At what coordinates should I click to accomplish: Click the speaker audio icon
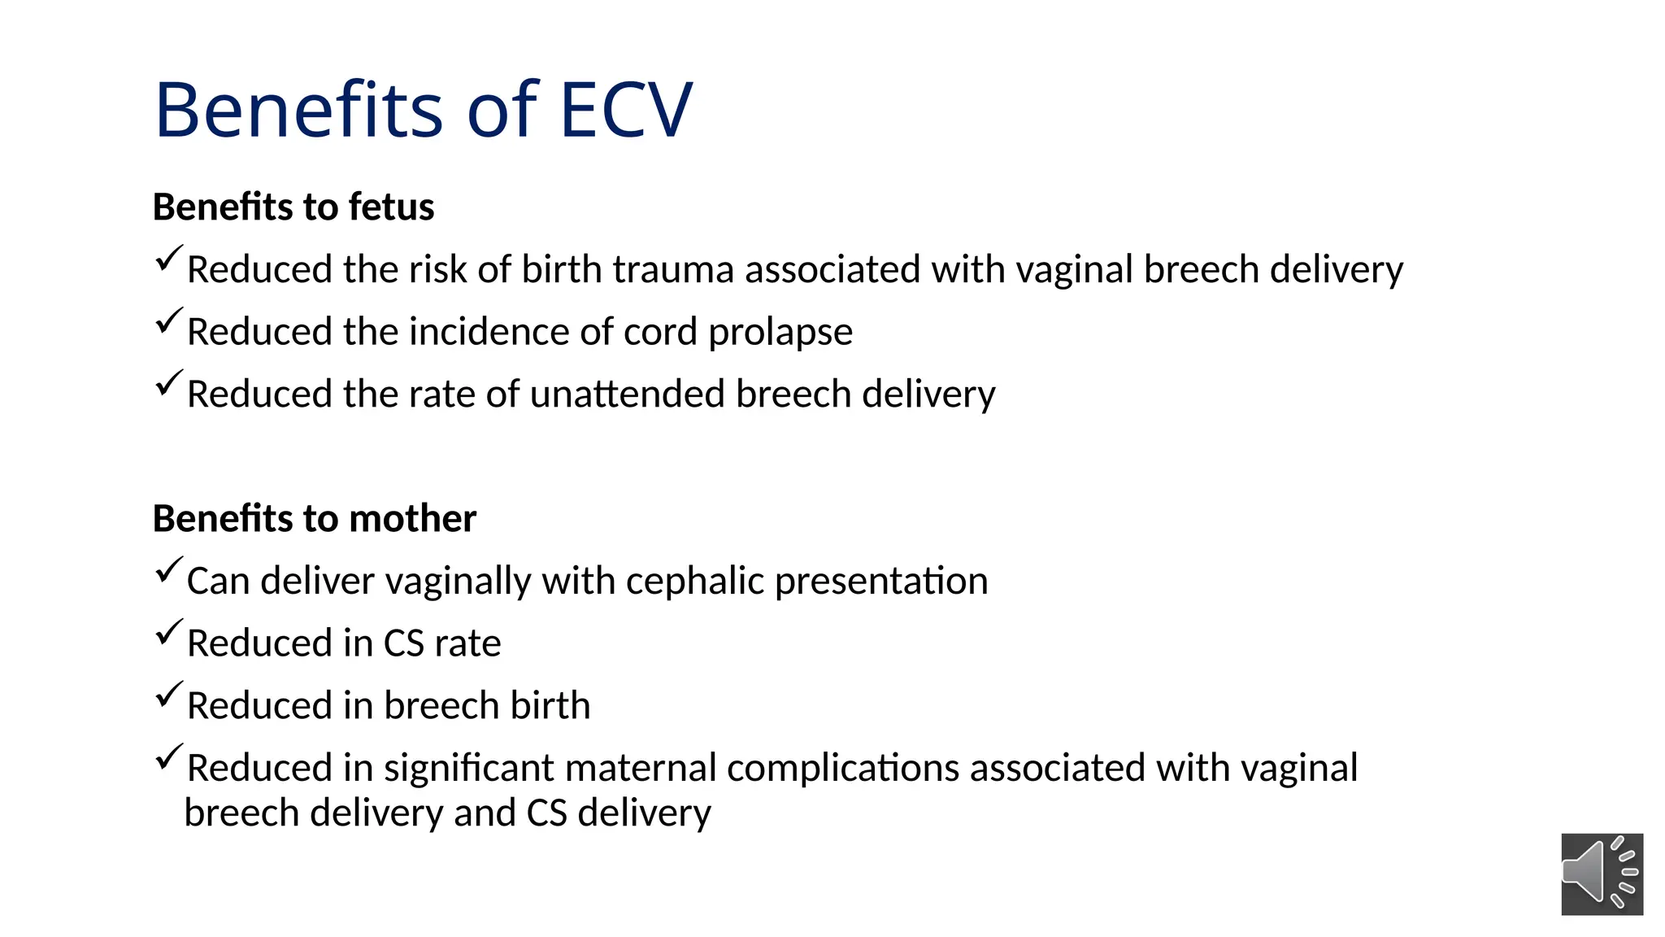pos(1602,874)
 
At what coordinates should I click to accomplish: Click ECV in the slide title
pos(625,110)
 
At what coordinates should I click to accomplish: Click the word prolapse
pos(780,333)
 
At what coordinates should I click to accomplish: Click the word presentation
pos(881,582)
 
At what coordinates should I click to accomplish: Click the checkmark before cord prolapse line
pos(167,322)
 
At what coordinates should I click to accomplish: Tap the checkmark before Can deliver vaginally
pos(167,571)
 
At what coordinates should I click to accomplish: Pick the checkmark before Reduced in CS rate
pos(167,633)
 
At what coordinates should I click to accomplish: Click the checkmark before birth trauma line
pos(167,259)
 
